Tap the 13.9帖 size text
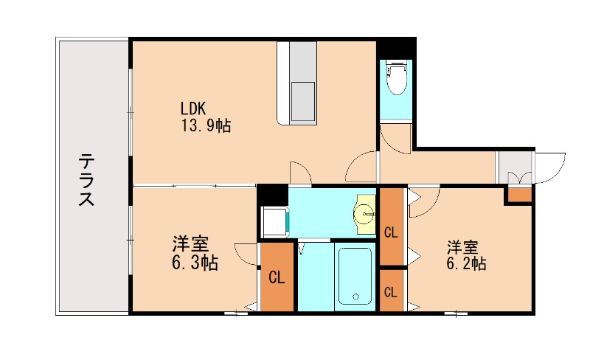pyautogui.click(x=206, y=125)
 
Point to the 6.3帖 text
pyautogui.click(x=195, y=263)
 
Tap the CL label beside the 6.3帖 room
pyautogui.click(x=277, y=278)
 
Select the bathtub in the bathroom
pyautogui.click(x=355, y=276)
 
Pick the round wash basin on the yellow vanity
pyautogui.click(x=365, y=215)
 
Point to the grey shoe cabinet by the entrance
pyautogui.click(x=514, y=167)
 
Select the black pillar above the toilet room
pyautogui.click(x=396, y=48)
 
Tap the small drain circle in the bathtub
pyautogui.click(x=355, y=297)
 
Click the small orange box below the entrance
pyautogui.click(x=518, y=195)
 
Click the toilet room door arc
pyautogui.click(x=395, y=139)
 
